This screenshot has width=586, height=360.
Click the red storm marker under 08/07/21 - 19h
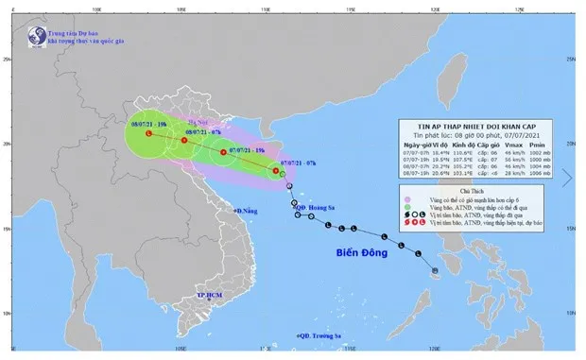click(x=148, y=134)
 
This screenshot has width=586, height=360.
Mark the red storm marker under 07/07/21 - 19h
click(x=223, y=152)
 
